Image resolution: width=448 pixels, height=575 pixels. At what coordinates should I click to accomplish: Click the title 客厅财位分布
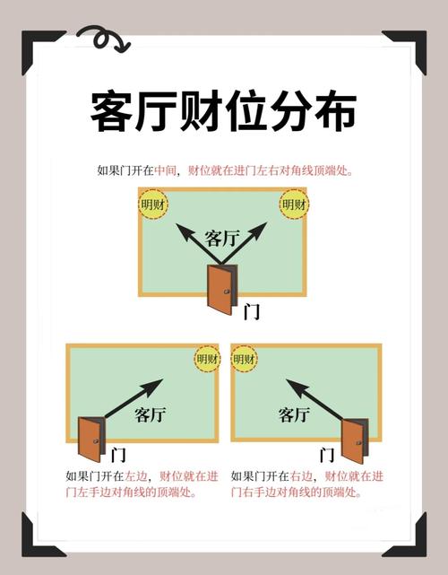click(x=224, y=112)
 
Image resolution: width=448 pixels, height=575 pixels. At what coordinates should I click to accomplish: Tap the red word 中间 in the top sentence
click(x=166, y=170)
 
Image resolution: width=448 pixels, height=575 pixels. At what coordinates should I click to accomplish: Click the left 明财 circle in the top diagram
click(x=153, y=205)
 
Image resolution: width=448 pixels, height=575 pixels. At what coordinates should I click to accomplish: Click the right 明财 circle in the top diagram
click(x=294, y=205)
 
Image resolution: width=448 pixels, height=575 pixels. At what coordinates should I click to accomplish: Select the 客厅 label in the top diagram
click(x=221, y=238)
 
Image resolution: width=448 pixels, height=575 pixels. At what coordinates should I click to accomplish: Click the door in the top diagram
click(x=220, y=289)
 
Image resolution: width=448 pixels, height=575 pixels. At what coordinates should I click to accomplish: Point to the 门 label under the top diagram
click(x=252, y=311)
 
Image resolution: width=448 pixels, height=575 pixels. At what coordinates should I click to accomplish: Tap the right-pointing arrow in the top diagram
click(x=249, y=240)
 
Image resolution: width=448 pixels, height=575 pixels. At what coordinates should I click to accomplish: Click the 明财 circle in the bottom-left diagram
click(x=207, y=359)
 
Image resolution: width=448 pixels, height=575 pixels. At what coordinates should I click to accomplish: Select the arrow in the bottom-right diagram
click(x=314, y=398)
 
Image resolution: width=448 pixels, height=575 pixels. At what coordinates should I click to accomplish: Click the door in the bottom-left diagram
click(x=90, y=439)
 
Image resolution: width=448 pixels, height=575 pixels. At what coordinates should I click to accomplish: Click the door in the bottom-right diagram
click(x=354, y=440)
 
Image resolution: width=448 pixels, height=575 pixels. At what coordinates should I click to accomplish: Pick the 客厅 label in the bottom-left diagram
click(x=151, y=414)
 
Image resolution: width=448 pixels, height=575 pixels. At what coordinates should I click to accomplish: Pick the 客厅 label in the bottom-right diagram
click(x=294, y=414)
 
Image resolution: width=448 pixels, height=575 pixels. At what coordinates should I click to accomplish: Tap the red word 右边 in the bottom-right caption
click(x=300, y=476)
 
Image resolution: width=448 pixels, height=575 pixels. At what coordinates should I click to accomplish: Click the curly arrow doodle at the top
click(x=102, y=39)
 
